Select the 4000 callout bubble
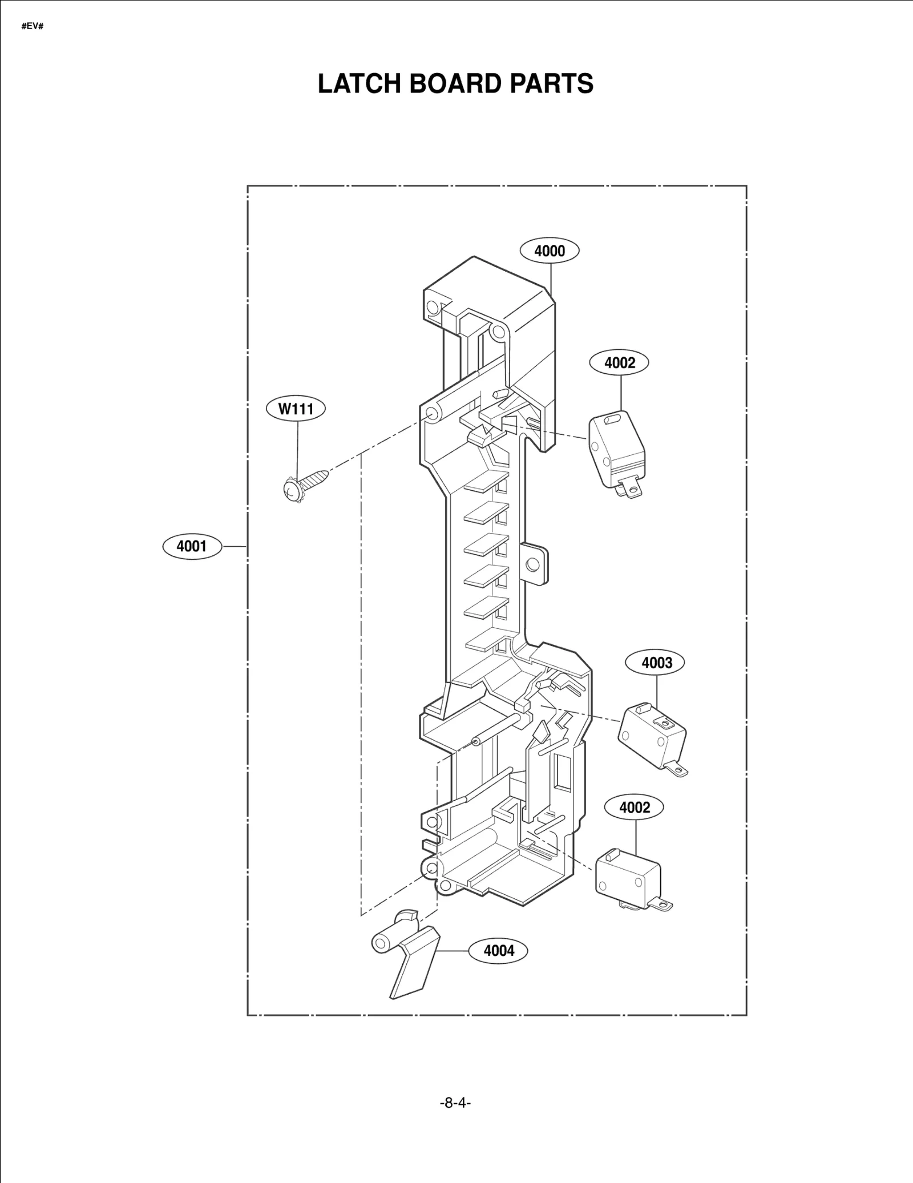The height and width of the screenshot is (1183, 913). pyautogui.click(x=550, y=251)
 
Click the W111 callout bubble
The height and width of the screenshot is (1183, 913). pyautogui.click(x=296, y=409)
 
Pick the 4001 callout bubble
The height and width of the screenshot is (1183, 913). pyautogui.click(x=192, y=546)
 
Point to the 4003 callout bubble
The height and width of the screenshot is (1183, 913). pyautogui.click(x=656, y=663)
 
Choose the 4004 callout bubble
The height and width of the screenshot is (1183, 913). pyautogui.click(x=498, y=950)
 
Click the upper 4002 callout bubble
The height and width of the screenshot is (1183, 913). pyautogui.click(x=619, y=362)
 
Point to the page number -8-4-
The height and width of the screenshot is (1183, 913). pyautogui.click(x=455, y=1103)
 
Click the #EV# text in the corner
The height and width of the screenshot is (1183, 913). pyautogui.click(x=33, y=26)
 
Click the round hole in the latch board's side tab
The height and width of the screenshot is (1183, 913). pyautogui.click(x=532, y=564)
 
